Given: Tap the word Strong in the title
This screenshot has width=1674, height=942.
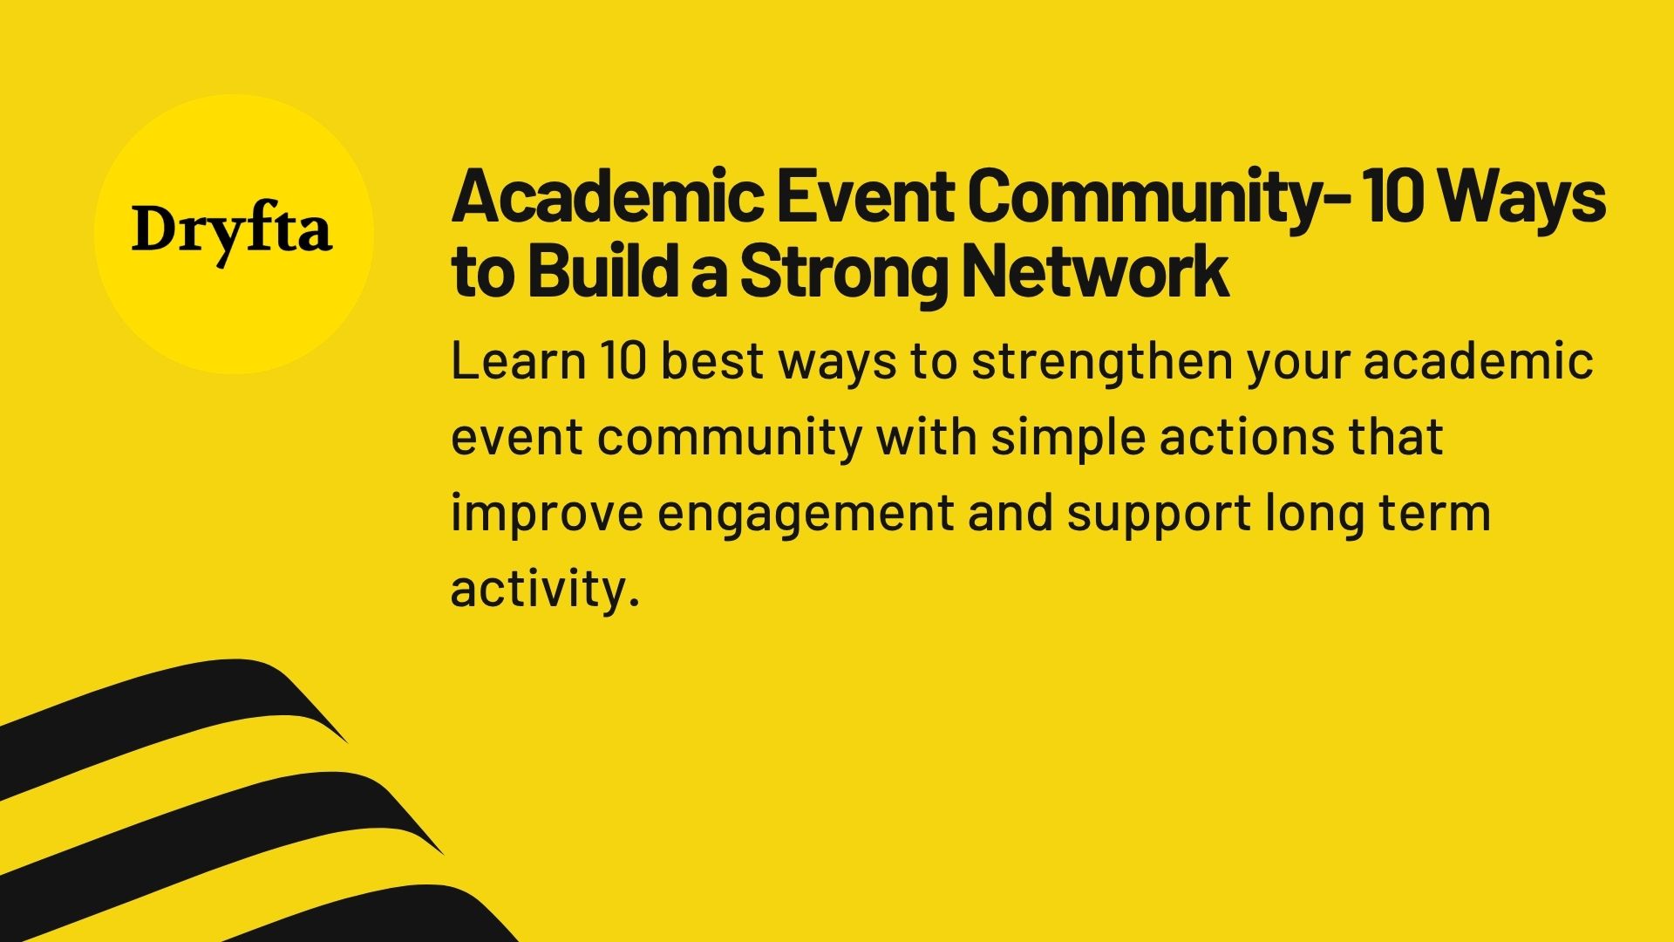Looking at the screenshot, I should [x=843, y=274].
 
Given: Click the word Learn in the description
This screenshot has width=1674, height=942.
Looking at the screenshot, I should [x=518, y=361].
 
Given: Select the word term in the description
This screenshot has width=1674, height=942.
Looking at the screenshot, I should [x=1437, y=513].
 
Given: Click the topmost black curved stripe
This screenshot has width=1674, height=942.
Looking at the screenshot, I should [x=174, y=698].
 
